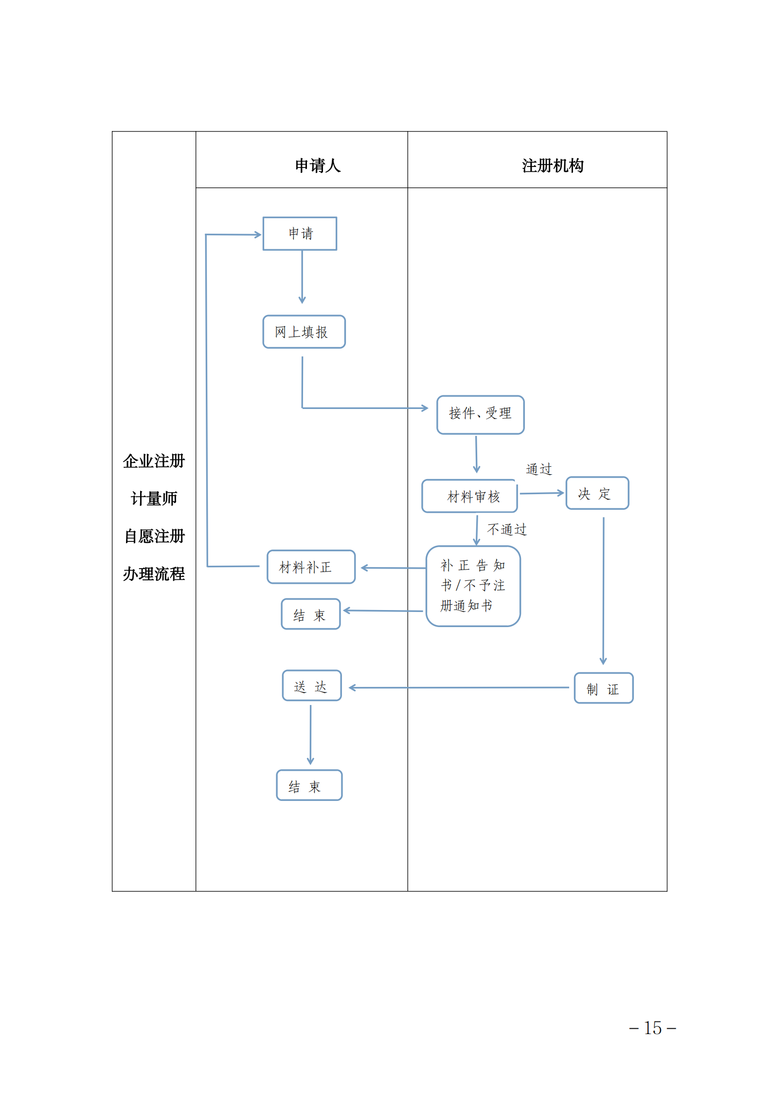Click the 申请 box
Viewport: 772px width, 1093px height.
click(x=300, y=234)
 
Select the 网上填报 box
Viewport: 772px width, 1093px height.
click(x=304, y=332)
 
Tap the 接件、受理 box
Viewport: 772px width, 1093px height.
click(x=480, y=414)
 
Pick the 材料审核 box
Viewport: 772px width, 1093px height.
click(x=469, y=496)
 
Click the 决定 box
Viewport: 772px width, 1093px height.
click(x=597, y=493)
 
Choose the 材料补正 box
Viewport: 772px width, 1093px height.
click(x=311, y=567)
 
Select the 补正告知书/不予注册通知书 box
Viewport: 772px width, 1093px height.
click(x=473, y=586)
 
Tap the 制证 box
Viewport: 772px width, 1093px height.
click(x=603, y=688)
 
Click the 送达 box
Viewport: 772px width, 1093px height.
click(x=311, y=685)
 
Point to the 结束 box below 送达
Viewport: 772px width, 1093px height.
click(x=309, y=785)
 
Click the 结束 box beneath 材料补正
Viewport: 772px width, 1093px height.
click(x=310, y=614)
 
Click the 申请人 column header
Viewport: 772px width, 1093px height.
click(x=318, y=166)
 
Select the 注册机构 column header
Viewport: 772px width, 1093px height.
click(x=553, y=166)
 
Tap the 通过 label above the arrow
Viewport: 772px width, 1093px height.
click(x=539, y=469)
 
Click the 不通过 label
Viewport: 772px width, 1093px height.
click(x=507, y=529)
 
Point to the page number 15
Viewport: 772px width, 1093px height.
click(x=652, y=1028)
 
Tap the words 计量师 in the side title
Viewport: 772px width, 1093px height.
click(x=154, y=499)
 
